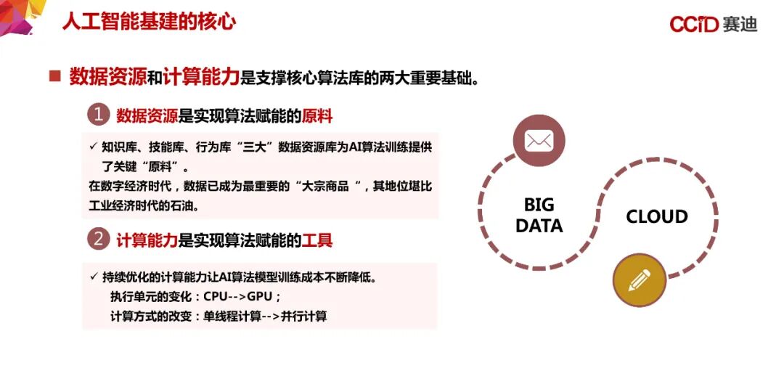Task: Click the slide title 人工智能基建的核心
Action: click(x=149, y=21)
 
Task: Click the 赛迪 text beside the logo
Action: click(x=740, y=25)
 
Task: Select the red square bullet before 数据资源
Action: click(x=54, y=76)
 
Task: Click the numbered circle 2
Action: click(x=98, y=239)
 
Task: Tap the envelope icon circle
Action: click(x=539, y=140)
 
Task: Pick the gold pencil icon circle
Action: click(x=640, y=279)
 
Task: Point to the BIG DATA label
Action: click(x=539, y=216)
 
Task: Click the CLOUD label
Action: click(x=657, y=217)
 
